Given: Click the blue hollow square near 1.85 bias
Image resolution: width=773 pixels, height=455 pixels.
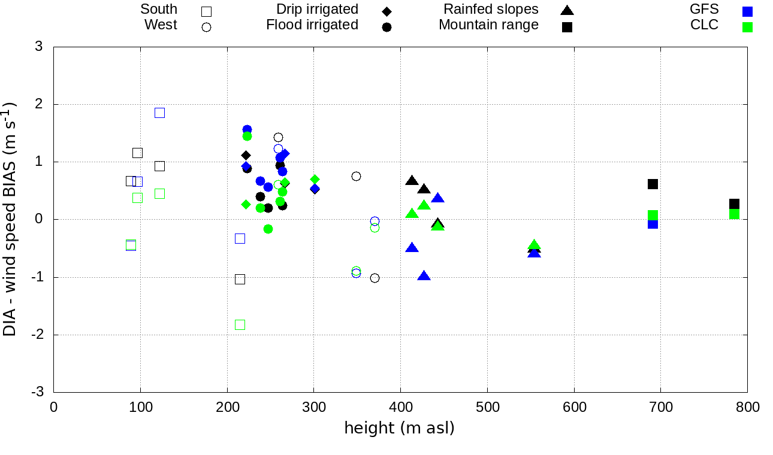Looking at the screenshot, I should click(x=159, y=113).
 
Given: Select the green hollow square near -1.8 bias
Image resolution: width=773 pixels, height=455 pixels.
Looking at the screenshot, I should click(x=240, y=324).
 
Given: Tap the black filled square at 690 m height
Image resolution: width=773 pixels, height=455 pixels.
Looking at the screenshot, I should click(x=653, y=184).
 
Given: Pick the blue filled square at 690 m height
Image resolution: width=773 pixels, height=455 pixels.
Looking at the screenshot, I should click(x=653, y=224).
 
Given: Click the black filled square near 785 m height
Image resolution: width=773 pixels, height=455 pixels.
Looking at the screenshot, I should click(x=735, y=204).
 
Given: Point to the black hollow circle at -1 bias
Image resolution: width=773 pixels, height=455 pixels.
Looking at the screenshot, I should click(x=375, y=278).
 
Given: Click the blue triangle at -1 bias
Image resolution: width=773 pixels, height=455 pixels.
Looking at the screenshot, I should click(x=424, y=276).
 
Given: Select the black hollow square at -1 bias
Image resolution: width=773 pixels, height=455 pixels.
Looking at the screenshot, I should click(x=240, y=279).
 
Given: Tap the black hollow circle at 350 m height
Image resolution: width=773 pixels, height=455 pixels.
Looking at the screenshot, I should click(x=357, y=176).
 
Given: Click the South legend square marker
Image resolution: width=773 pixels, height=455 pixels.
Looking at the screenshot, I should click(x=207, y=11).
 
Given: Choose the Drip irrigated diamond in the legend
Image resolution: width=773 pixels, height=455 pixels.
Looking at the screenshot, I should click(x=387, y=11).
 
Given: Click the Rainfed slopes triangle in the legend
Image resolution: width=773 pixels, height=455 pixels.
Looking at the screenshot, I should click(x=567, y=10).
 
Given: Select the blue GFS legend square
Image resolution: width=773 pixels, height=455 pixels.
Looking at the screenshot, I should click(x=747, y=11).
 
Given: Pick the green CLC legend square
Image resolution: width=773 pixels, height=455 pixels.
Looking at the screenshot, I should click(x=747, y=27).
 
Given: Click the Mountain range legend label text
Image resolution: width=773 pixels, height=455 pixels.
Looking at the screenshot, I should click(x=488, y=25).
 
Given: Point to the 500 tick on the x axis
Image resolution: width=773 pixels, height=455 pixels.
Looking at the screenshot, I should click(x=487, y=407).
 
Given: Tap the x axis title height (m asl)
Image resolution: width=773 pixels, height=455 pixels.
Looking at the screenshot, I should click(x=399, y=429).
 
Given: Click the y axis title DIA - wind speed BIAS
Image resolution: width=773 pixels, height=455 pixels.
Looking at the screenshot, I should click(x=10, y=219).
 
